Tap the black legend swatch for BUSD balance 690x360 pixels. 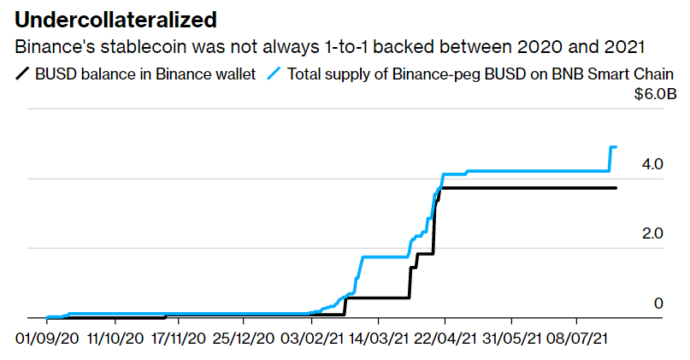pyautogui.click(x=23, y=74)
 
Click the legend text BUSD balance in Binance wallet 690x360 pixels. pyautogui.click(x=145, y=74)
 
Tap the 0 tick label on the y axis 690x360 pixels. pyautogui.click(x=658, y=302)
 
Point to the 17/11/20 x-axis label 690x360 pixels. pyautogui.click(x=180, y=339)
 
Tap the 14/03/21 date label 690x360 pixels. pyautogui.click(x=380, y=339)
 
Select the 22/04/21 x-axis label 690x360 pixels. pyautogui.click(x=446, y=339)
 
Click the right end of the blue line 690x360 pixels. pyautogui.click(x=616, y=147)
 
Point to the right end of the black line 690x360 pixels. pyautogui.click(x=616, y=187)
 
